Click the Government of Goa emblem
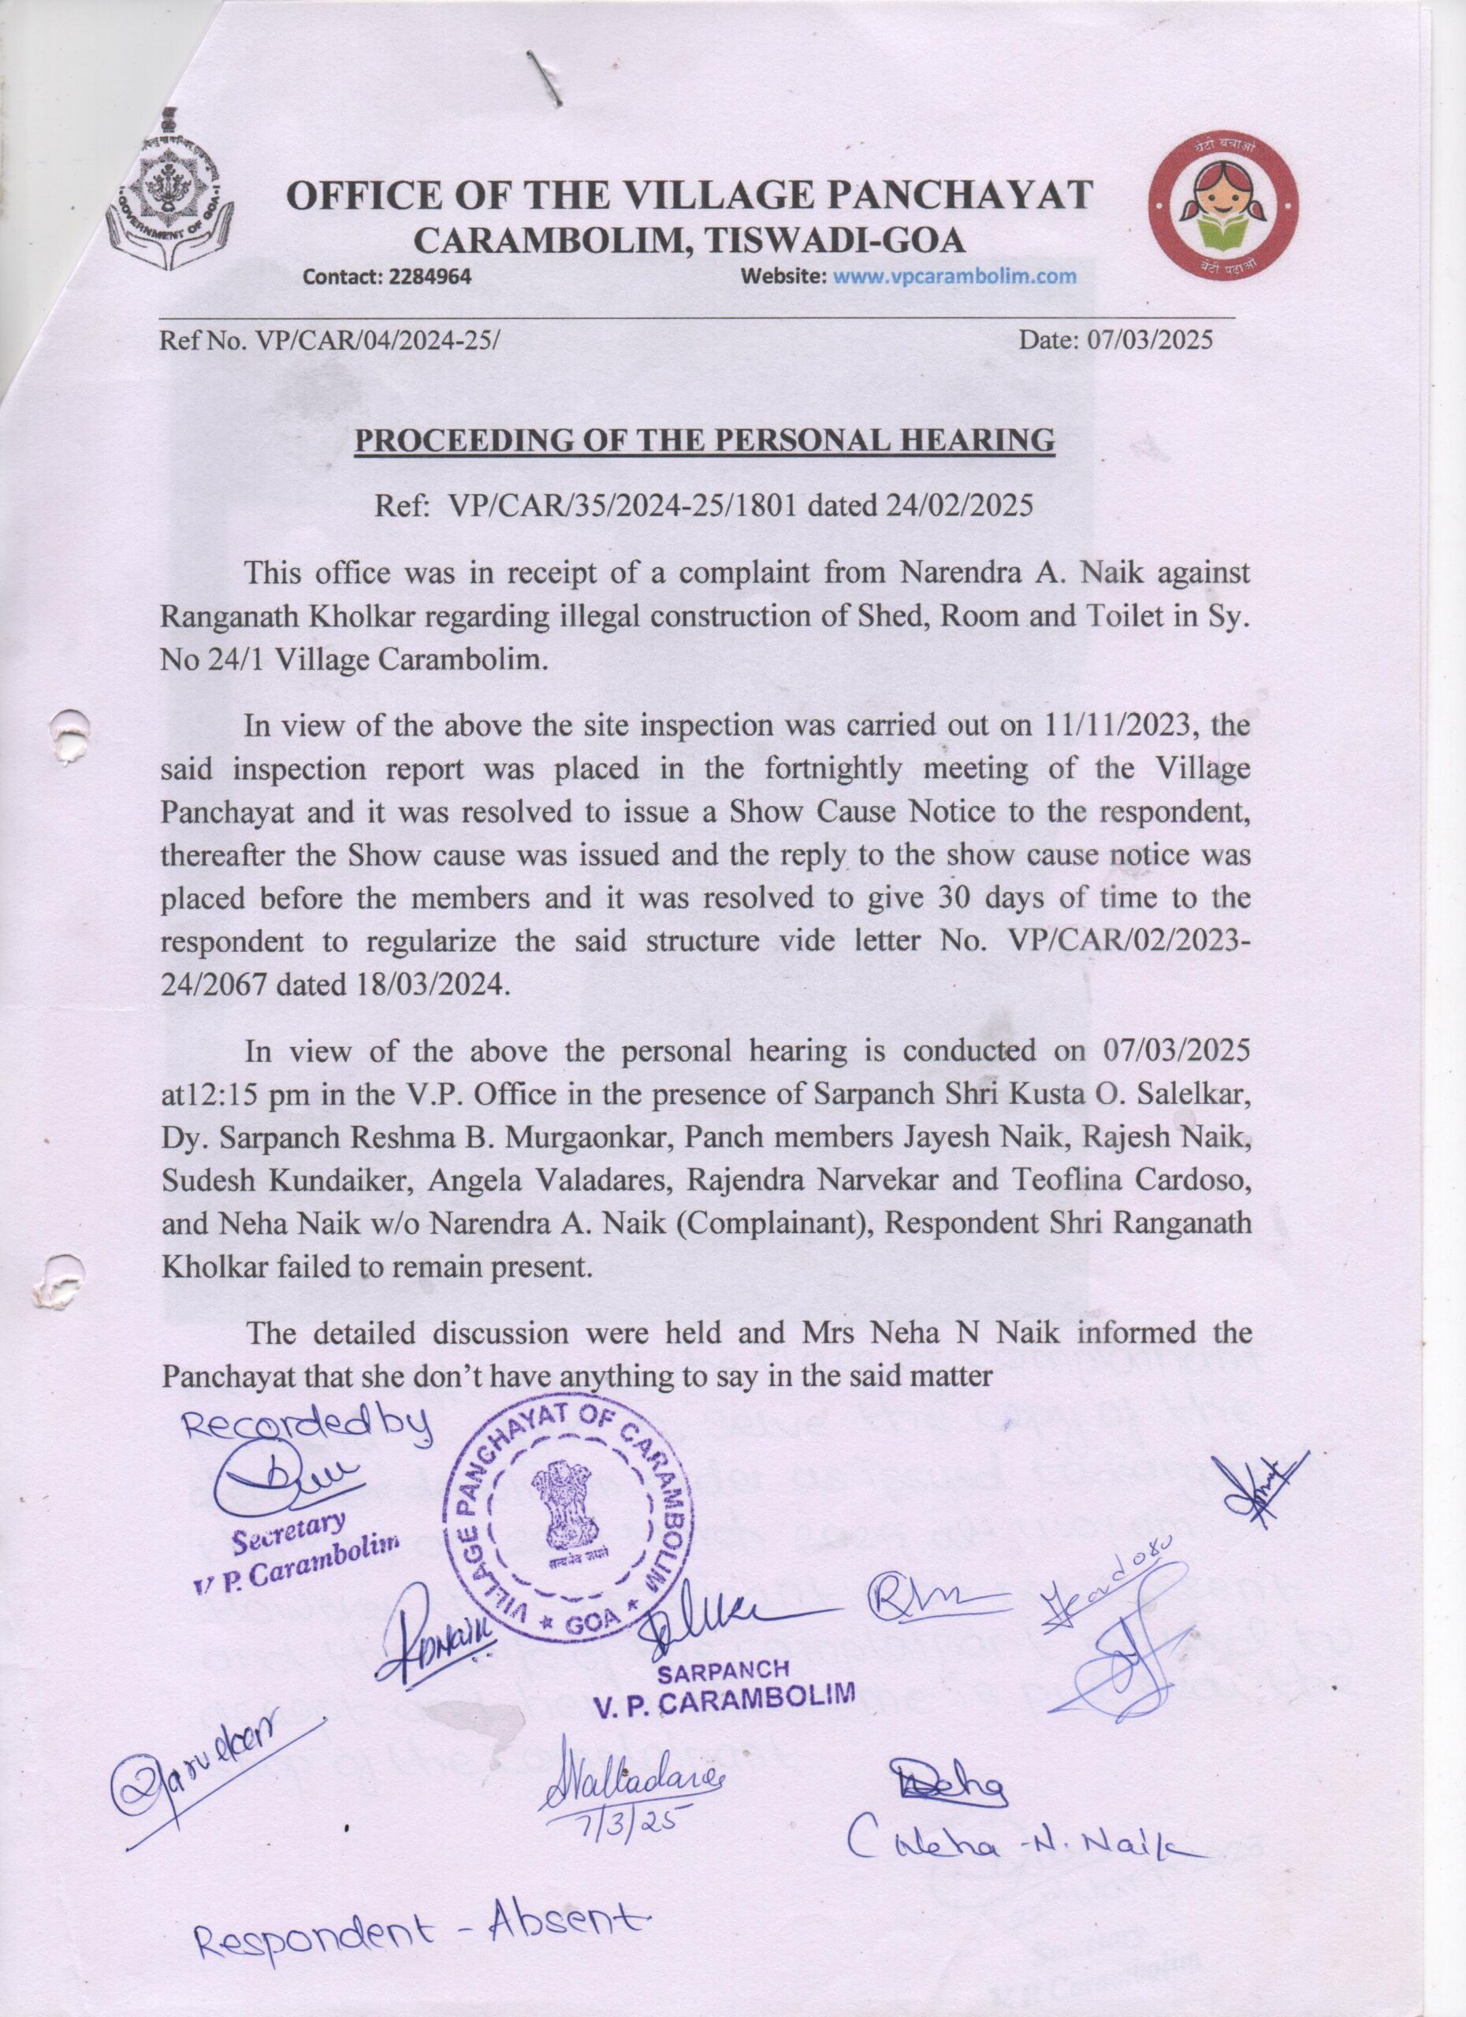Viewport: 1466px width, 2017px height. pyautogui.click(x=168, y=192)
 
